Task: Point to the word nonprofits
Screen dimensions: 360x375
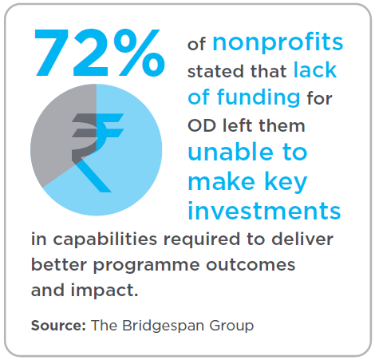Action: click(x=278, y=43)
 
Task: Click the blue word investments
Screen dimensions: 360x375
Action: click(x=264, y=212)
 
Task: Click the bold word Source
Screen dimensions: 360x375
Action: click(x=57, y=326)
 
